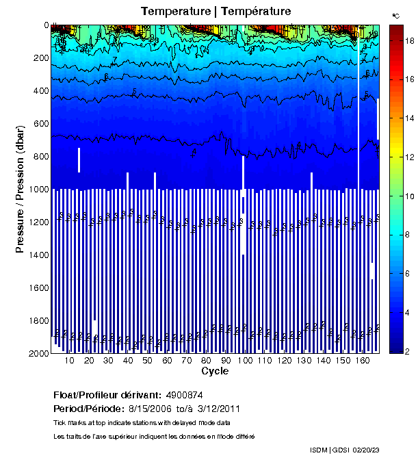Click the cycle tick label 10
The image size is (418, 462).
(70, 361)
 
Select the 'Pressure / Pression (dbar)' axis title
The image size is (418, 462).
(20, 189)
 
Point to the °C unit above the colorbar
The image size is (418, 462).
(396, 15)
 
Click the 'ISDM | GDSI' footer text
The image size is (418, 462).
(330, 450)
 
